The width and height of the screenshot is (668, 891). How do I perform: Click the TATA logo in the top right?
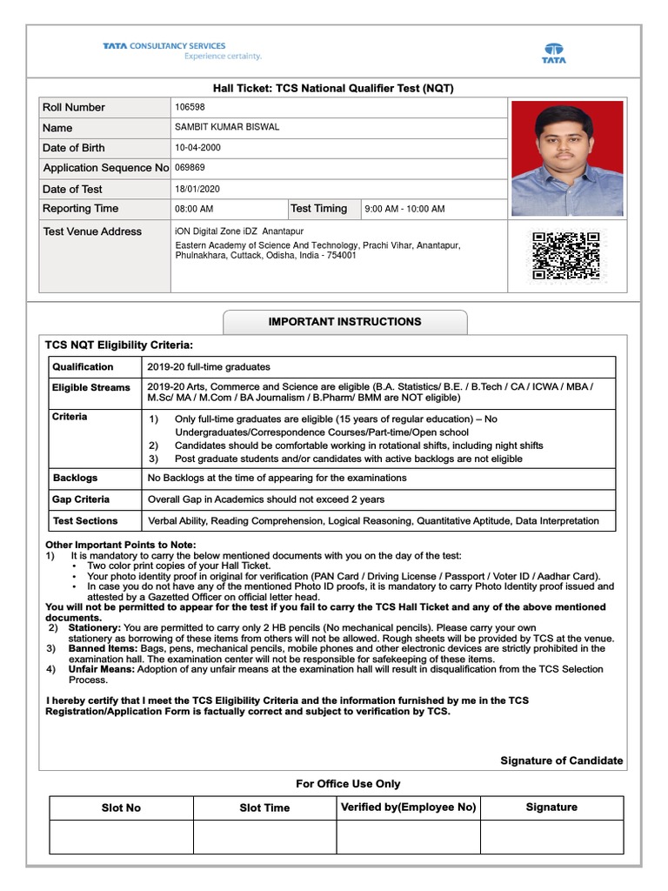tap(554, 53)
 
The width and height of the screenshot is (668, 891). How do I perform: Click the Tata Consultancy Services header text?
tap(164, 46)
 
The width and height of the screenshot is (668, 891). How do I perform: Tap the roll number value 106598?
tap(190, 107)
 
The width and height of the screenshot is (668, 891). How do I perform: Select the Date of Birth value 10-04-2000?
tap(198, 148)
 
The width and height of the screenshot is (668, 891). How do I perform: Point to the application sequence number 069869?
tap(190, 167)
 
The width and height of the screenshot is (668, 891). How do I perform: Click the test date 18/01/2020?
tap(198, 189)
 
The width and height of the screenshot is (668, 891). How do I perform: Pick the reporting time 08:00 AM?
tap(194, 209)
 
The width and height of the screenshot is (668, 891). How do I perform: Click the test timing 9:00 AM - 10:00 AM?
tap(404, 209)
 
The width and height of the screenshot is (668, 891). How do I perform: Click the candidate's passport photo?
tap(567, 158)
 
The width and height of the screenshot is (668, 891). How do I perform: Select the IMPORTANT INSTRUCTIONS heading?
tap(344, 322)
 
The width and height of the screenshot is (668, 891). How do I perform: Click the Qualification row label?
tap(83, 367)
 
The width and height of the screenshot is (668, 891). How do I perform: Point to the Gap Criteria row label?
tap(81, 499)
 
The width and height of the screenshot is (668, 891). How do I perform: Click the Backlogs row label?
tap(76, 478)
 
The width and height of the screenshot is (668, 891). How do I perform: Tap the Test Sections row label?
tap(85, 521)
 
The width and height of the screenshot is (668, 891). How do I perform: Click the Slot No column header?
tap(121, 808)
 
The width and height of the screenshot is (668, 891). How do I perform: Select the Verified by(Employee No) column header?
tap(408, 807)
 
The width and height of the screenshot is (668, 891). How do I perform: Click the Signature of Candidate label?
tap(561, 760)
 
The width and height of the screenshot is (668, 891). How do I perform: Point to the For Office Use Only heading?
tap(348, 784)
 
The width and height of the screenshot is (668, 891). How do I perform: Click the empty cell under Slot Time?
tap(264, 837)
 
